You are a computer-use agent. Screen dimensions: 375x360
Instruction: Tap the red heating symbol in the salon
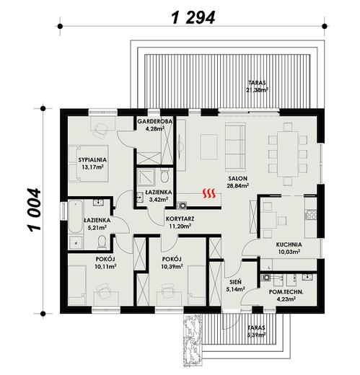coord(210,193)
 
